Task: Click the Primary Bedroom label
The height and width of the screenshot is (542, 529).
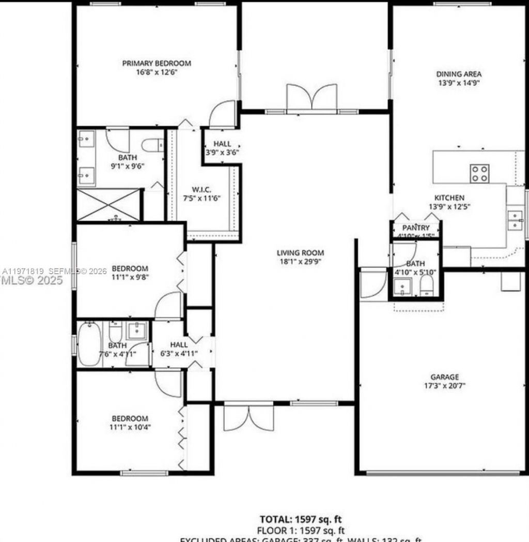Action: pos(157,63)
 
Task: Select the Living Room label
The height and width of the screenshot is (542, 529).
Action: pos(300,253)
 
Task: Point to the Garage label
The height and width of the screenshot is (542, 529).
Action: pos(444,377)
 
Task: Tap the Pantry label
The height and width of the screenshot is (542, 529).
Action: pos(416,228)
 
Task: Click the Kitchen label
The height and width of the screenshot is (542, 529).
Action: pos(449,198)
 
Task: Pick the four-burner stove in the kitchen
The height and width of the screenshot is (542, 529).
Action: pos(479,173)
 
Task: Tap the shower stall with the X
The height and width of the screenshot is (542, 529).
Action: pos(108,205)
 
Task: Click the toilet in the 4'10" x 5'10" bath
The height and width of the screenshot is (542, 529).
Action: pos(427,286)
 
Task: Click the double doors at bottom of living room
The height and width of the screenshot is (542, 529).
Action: pos(248,418)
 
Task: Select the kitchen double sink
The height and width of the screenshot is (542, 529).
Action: pos(515,220)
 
